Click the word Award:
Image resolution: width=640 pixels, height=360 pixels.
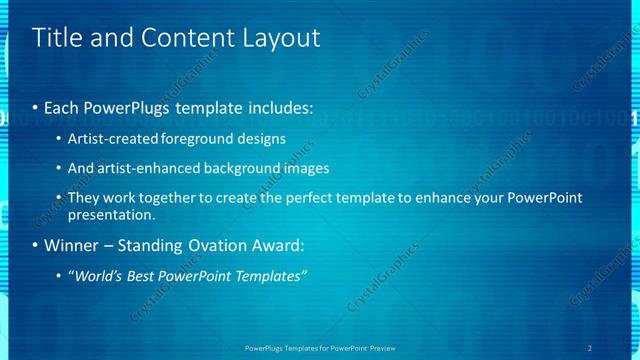coord(273,245)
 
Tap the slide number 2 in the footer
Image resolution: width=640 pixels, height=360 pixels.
coord(590,348)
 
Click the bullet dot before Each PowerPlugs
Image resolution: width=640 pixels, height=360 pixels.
coord(36,107)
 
